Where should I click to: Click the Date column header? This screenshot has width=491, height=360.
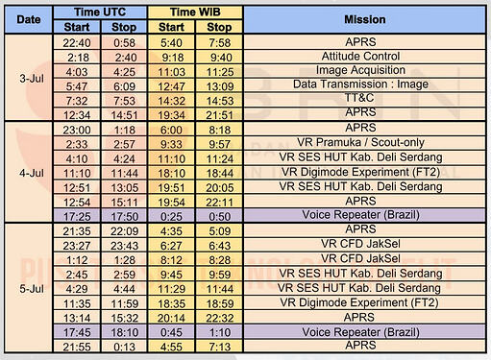(x=29, y=19)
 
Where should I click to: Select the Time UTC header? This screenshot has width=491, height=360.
(x=100, y=12)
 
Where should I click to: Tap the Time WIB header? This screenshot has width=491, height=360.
(x=195, y=12)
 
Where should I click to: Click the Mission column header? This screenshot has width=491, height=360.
(x=364, y=19)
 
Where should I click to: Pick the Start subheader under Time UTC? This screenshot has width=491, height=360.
(x=77, y=27)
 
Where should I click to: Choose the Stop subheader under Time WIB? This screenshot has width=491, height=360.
(x=219, y=27)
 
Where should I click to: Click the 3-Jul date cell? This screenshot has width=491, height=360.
(x=32, y=79)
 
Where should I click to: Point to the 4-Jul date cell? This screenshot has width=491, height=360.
(x=32, y=173)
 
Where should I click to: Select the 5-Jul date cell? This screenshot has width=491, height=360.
(x=32, y=289)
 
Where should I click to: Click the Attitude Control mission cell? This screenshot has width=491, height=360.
(x=360, y=57)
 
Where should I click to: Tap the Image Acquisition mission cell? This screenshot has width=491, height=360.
(x=360, y=70)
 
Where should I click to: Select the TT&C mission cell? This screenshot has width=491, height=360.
(x=359, y=98)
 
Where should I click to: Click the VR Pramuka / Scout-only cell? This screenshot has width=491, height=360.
(x=360, y=142)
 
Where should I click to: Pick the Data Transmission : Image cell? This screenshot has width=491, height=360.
(x=360, y=84)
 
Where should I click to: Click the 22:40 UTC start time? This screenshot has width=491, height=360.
(x=77, y=42)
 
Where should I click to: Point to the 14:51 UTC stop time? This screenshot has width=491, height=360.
(x=124, y=115)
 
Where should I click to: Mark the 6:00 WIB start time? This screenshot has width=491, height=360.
(x=171, y=130)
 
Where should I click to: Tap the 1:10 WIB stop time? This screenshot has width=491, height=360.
(x=220, y=332)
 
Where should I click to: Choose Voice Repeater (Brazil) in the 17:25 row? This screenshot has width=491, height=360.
(x=360, y=215)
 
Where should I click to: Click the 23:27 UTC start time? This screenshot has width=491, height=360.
(x=77, y=246)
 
